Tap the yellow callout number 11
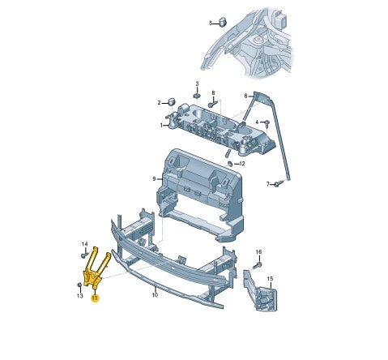click(94, 298)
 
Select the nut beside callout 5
click(222, 23)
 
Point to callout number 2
click(160, 102)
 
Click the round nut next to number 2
click(171, 102)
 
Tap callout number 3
click(196, 84)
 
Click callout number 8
click(213, 93)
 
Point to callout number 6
click(245, 96)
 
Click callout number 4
click(257, 122)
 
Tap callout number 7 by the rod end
click(268, 184)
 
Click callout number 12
click(242, 163)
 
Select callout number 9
click(153, 178)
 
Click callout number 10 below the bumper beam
click(155, 295)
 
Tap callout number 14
click(83, 243)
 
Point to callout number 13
click(79, 295)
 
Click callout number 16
click(259, 252)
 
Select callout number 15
click(270, 279)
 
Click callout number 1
click(162, 126)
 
